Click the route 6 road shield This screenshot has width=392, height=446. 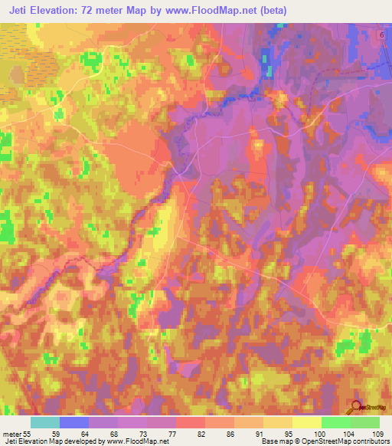tap(381, 35)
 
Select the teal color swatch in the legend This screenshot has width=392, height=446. tap(45, 422)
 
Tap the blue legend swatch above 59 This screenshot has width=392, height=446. tap(74, 422)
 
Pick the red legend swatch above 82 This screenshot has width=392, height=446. tap(190, 422)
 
